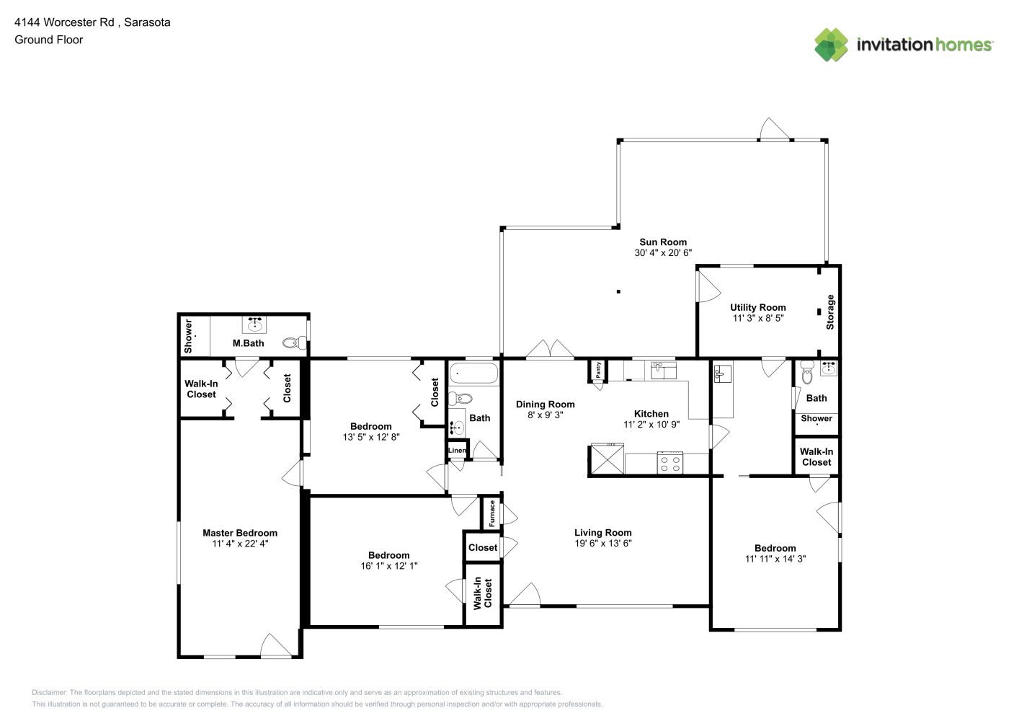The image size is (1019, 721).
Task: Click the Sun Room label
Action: (x=663, y=242)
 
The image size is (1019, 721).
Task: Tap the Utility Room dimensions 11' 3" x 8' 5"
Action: (x=758, y=318)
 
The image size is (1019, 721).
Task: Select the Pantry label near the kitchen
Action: (x=598, y=370)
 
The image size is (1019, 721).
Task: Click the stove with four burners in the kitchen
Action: (x=669, y=463)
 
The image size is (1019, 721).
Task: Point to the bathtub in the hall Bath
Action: (x=473, y=373)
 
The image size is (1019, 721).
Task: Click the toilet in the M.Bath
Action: (x=294, y=342)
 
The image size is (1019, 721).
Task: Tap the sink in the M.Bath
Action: (x=254, y=324)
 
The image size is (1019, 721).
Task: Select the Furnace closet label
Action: (x=491, y=513)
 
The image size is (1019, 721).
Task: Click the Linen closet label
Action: (x=457, y=450)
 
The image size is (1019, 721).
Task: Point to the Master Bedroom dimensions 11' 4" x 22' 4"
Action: (x=240, y=544)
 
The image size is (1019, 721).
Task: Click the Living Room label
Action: (x=602, y=533)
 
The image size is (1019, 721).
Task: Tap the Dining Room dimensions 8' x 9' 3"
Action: (x=545, y=415)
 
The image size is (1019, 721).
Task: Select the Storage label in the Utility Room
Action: (x=830, y=311)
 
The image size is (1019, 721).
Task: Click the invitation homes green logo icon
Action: (x=831, y=45)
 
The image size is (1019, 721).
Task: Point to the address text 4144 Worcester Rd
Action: (x=64, y=22)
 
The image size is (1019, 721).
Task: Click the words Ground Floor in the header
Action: (x=49, y=40)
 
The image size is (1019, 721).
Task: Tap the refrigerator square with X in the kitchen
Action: (x=608, y=459)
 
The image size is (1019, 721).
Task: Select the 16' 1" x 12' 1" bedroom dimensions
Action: (x=389, y=566)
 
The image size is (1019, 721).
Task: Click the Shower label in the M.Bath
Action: (x=188, y=336)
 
